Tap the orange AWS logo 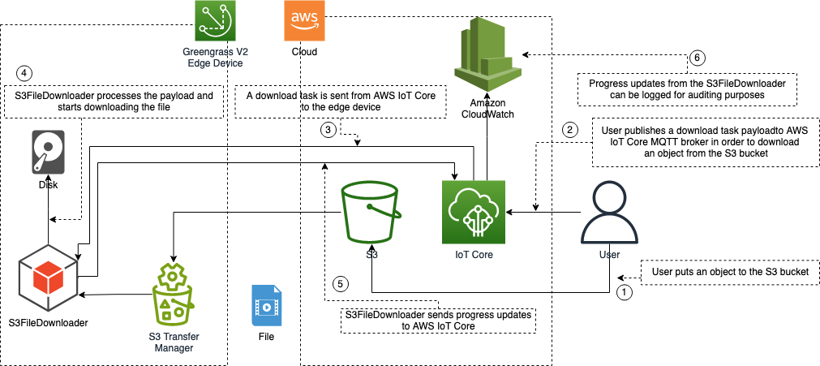point(304,20)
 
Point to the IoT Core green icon point(474,212)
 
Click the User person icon point(609,215)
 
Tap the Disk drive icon point(49,152)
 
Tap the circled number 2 point(569,129)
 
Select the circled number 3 point(328,131)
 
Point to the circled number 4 point(24,72)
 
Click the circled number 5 point(341,284)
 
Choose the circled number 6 point(696,58)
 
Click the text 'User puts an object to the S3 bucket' point(730,273)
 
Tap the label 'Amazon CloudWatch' point(488,109)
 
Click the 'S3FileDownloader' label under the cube point(48,322)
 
